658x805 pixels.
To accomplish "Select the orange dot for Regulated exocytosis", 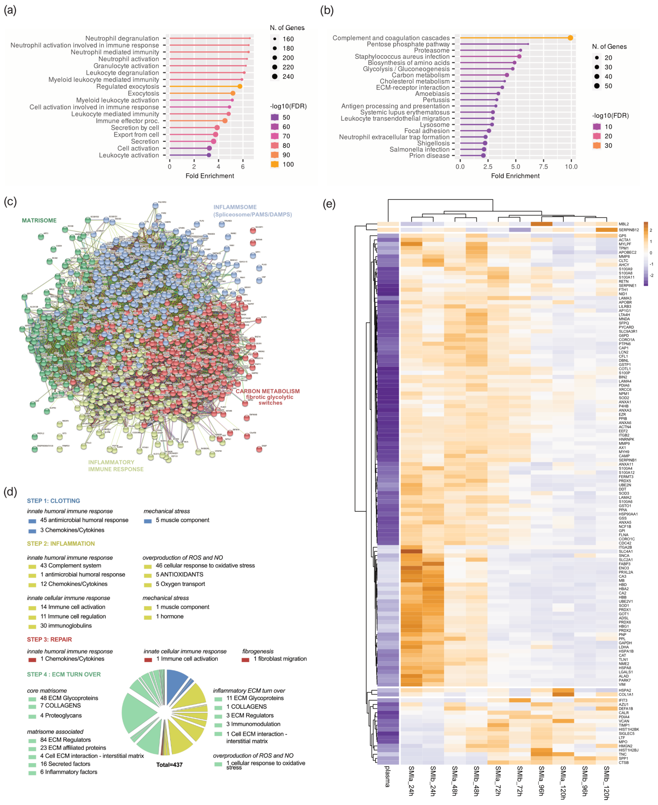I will click(x=240, y=86).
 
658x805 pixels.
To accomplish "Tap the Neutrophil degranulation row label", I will click(x=122, y=38).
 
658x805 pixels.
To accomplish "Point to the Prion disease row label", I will click(x=429, y=156).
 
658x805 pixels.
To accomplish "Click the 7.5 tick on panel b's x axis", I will click(x=543, y=166).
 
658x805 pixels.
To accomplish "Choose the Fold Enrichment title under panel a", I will click(x=210, y=176).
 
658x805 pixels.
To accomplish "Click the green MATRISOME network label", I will click(x=39, y=220).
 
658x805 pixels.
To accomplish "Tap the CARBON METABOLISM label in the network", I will click(x=268, y=391).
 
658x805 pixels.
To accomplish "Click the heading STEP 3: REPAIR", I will click(x=49, y=639).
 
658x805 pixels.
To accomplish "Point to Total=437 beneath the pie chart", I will click(x=169, y=764).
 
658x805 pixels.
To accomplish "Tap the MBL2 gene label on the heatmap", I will click(x=624, y=224).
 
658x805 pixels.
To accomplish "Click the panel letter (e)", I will click(x=329, y=204).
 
